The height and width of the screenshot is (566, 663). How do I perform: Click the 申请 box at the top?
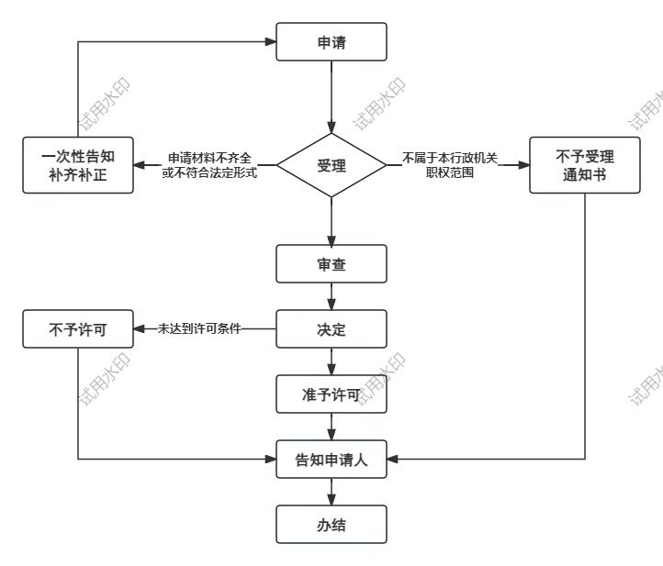[x=331, y=41]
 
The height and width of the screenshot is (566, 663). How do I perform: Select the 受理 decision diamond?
[x=331, y=166]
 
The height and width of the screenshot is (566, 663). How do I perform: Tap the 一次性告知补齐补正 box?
[x=78, y=166]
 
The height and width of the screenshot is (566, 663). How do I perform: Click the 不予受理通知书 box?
[x=585, y=166]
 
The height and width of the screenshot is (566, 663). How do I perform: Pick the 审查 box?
[x=331, y=265]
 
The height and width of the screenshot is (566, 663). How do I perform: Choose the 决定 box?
[x=331, y=329]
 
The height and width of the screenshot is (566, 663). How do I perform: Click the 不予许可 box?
[x=78, y=329]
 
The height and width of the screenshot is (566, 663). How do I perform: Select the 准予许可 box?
[x=331, y=394]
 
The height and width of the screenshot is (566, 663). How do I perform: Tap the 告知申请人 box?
[x=331, y=460]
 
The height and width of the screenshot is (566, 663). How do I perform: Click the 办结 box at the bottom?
[x=331, y=526]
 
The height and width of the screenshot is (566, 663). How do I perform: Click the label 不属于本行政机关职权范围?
[x=450, y=166]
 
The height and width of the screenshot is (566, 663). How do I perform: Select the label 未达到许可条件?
[x=199, y=329]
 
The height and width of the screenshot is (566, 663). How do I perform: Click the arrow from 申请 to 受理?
[x=331, y=96]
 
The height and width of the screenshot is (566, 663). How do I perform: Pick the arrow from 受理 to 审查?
[x=331, y=220]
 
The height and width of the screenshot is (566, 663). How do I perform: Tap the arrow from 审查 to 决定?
[x=331, y=296]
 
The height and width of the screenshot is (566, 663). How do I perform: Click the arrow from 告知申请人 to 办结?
[x=331, y=493]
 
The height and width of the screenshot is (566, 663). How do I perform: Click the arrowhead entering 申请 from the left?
[x=271, y=41]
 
